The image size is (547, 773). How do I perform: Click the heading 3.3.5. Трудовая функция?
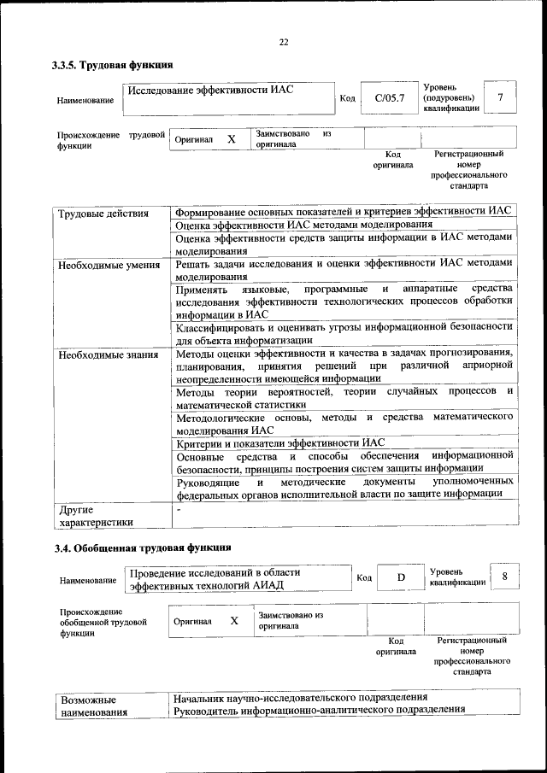tap(113, 65)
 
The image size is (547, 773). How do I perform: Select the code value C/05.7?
tap(388, 99)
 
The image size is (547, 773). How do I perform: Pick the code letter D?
tap(400, 578)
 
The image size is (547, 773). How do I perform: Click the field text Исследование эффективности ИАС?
tap(206, 91)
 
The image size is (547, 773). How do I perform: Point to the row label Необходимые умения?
tap(109, 265)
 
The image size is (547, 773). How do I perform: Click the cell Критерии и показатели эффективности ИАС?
tap(280, 442)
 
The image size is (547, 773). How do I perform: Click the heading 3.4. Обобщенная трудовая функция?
tap(143, 548)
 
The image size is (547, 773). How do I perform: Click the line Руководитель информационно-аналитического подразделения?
tap(318, 710)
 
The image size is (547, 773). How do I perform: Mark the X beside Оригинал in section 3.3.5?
tap(231, 138)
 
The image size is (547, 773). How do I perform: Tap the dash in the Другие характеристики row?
tap(178, 509)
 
